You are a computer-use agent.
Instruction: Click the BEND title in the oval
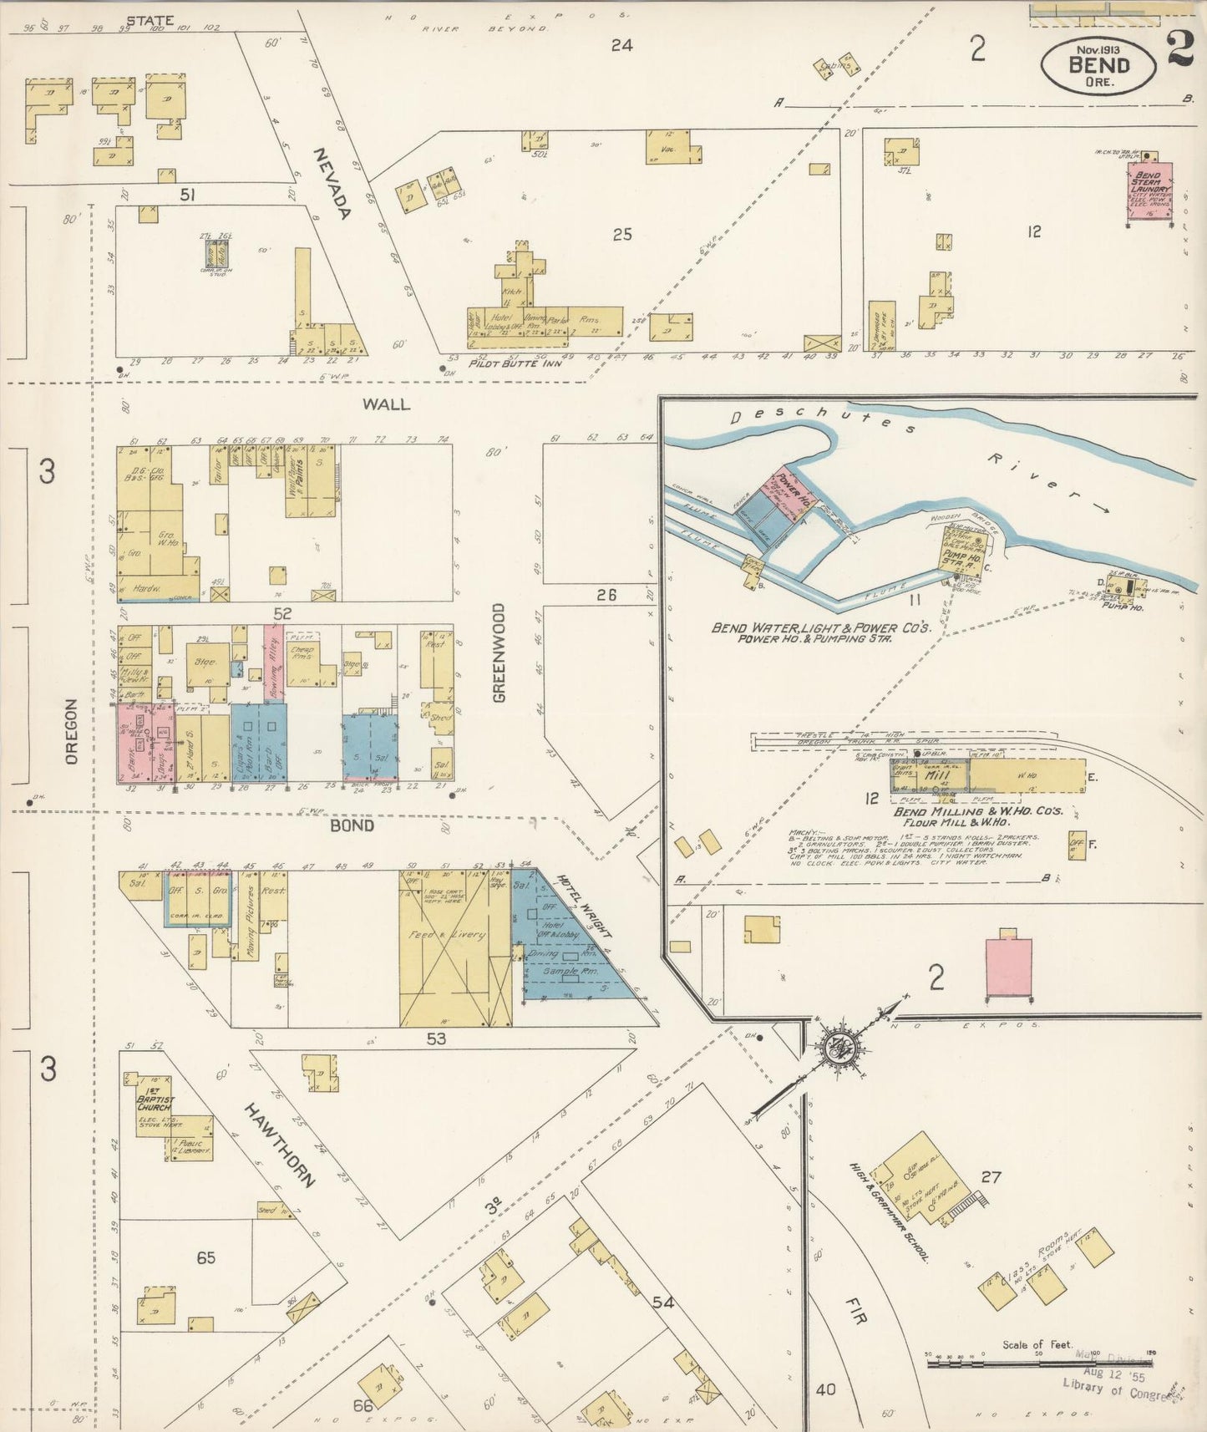point(1098,63)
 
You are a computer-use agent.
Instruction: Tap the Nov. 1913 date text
point(1098,48)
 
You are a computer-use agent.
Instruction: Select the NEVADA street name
point(332,184)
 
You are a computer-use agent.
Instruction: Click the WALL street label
point(386,404)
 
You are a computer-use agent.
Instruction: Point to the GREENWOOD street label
point(499,653)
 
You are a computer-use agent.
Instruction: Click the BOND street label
point(352,825)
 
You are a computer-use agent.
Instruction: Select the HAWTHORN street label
point(281,1145)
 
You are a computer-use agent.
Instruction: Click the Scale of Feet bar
point(1037,1363)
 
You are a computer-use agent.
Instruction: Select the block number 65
point(205,1257)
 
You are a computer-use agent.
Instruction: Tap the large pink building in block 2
point(1009,967)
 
